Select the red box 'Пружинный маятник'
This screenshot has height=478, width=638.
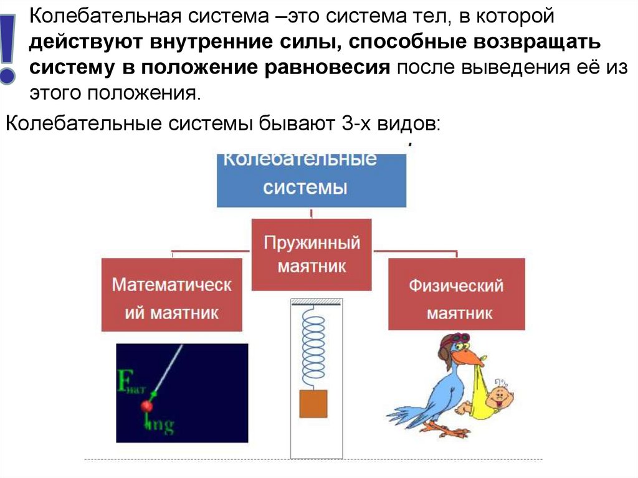pyautogui.click(x=312, y=254)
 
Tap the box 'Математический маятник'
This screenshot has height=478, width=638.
pyautogui.click(x=172, y=295)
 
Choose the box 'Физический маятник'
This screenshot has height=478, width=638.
pyautogui.click(x=456, y=295)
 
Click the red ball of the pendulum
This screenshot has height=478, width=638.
pyautogui.click(x=147, y=406)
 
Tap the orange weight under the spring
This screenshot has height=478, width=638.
pyautogui.click(x=313, y=403)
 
